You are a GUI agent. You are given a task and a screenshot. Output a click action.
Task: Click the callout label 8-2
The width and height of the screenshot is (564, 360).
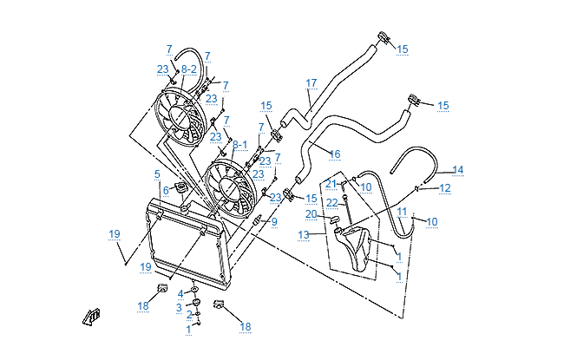189,68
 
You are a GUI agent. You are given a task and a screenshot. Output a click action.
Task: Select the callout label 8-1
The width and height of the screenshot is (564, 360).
240,146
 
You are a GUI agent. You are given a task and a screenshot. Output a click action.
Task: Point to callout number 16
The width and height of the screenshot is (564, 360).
334,154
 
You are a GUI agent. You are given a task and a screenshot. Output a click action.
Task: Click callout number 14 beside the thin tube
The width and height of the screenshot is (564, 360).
458,170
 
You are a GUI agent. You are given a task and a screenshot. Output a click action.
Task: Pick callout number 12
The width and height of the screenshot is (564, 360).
444,187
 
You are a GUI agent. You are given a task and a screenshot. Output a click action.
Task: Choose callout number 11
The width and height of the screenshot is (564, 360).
402,212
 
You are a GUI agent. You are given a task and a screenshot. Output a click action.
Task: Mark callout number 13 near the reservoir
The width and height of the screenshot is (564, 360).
304,236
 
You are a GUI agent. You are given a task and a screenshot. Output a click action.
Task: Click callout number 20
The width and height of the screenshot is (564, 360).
311,214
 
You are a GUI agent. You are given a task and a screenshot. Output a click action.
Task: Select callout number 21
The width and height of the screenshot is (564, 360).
331,184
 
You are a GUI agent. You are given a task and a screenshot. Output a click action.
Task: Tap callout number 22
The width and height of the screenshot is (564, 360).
331,202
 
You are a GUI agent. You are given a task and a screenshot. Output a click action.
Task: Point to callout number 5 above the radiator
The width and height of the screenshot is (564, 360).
157,174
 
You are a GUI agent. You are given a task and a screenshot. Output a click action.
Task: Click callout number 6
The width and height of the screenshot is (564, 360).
166,190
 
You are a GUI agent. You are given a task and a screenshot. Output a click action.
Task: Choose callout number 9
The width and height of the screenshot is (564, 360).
273,222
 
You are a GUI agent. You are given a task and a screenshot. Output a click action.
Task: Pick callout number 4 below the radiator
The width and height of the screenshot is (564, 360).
180,293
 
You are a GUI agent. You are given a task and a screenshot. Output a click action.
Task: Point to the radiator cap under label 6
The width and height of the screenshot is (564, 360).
182,189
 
